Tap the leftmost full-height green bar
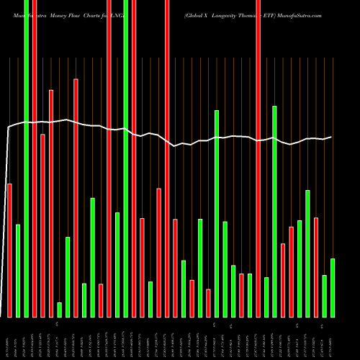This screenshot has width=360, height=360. click(26, 158)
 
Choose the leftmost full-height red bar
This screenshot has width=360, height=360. click(35, 158)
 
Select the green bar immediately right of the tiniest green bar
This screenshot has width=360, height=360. click(68, 276)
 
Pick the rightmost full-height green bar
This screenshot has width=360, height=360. click(126, 158)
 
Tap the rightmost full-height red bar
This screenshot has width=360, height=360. click(258, 158)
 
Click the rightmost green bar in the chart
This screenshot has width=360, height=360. click(333, 287)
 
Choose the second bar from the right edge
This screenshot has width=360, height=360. click(324, 296)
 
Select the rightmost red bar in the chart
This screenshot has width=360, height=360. click(316, 267)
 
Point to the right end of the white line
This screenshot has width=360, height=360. click(332, 137)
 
